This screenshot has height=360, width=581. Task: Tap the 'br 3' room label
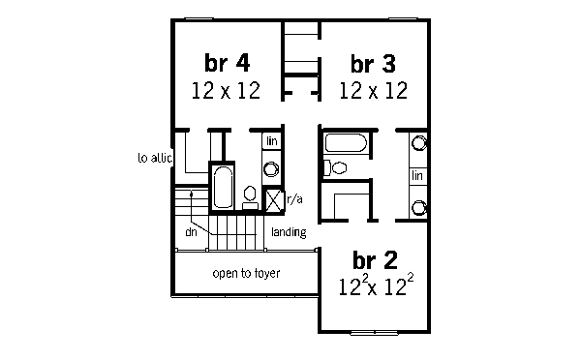tap(373, 64)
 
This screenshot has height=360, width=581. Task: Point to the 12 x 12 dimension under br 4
tap(228, 92)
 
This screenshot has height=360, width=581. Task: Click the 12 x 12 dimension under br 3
tap(373, 92)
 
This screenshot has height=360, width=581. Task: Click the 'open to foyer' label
tap(246, 273)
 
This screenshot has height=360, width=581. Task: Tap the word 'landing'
tap(289, 232)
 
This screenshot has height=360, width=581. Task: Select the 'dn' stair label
tap(192, 232)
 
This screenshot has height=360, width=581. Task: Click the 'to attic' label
tap(155, 157)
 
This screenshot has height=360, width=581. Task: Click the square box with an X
tap(274, 200)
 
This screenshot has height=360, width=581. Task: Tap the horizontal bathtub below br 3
tap(345, 145)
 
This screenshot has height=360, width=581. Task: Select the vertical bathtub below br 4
tap(222, 189)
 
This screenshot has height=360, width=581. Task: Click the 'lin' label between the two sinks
tap(418, 175)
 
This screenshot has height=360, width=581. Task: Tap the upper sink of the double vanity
tap(419, 143)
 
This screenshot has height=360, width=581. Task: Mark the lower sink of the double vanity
tap(419, 206)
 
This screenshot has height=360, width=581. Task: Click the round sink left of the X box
tap(272, 170)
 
